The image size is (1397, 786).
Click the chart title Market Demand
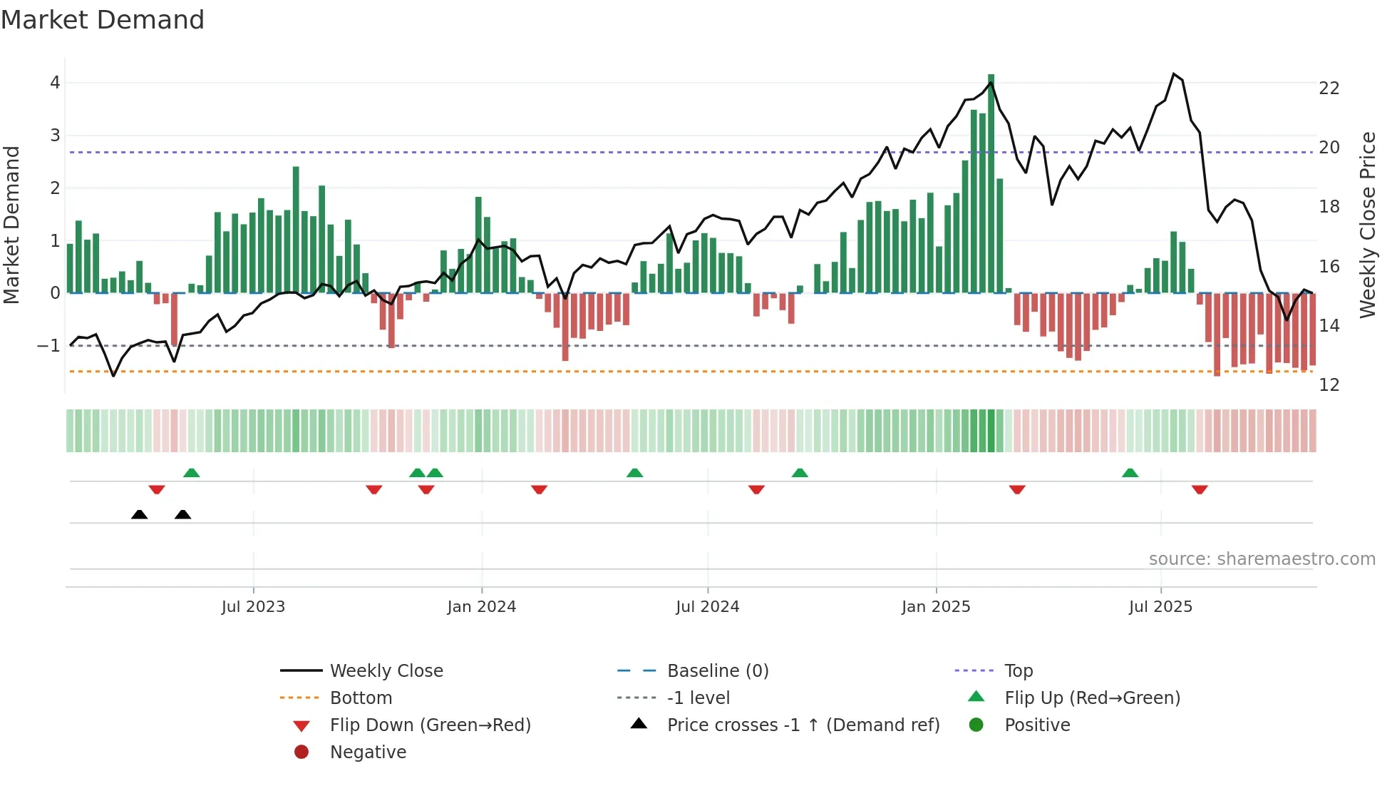click(x=103, y=20)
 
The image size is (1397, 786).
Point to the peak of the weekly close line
click(x=1173, y=74)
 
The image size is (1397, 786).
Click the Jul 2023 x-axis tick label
click(x=253, y=607)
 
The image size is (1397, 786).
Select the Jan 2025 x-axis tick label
click(x=935, y=607)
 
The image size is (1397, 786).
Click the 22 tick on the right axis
click(x=1329, y=88)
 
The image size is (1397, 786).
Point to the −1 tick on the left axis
click(x=48, y=346)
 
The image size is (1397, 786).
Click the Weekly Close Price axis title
click(x=1367, y=225)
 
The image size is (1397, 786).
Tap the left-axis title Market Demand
click(x=11, y=225)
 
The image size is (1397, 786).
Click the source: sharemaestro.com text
click(x=1262, y=559)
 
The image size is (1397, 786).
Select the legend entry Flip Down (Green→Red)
click(x=430, y=725)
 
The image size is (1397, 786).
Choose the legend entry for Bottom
click(x=361, y=698)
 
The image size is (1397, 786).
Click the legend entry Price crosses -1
click(x=803, y=725)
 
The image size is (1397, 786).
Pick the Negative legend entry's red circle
click(x=301, y=752)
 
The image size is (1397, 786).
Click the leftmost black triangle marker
click(x=140, y=515)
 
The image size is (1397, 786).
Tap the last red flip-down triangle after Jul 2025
click(x=1200, y=490)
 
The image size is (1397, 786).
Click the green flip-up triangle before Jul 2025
click(x=1130, y=473)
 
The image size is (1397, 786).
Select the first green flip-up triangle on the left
click(x=191, y=473)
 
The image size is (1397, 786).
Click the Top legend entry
click(x=1018, y=671)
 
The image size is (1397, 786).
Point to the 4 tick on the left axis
click(x=55, y=83)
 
